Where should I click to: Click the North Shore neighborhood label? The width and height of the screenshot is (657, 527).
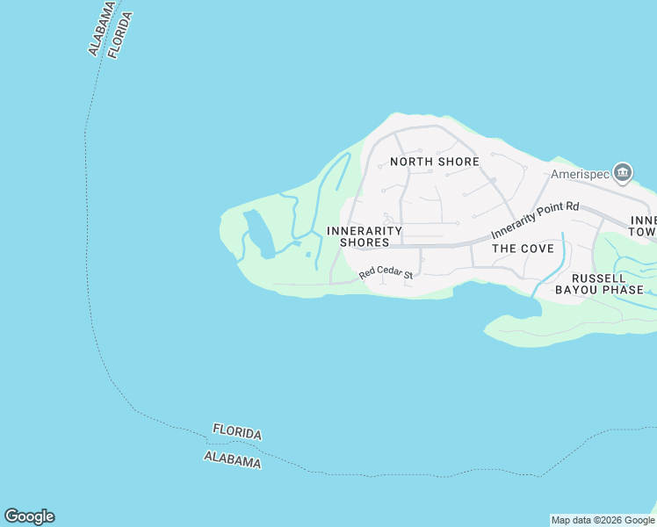[x=435, y=162]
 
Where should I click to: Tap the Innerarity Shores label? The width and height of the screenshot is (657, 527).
[x=364, y=236]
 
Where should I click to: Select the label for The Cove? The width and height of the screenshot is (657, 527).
[x=523, y=249]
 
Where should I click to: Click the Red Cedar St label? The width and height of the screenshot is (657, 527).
[x=386, y=275]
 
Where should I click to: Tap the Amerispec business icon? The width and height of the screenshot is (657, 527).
[x=624, y=171]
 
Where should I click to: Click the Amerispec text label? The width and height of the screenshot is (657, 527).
[x=580, y=174]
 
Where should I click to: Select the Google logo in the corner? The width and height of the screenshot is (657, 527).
[x=29, y=516]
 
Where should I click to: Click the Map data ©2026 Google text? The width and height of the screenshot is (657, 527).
[x=603, y=520]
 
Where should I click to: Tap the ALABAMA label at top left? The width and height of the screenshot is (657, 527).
[x=101, y=28]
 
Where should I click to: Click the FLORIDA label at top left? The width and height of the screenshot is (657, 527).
[x=119, y=35]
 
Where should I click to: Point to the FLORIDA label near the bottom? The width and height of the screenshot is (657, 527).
[x=237, y=432]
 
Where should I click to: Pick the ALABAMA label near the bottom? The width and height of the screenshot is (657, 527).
[x=232, y=459]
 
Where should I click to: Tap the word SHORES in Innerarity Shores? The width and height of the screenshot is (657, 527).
[x=365, y=242]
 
